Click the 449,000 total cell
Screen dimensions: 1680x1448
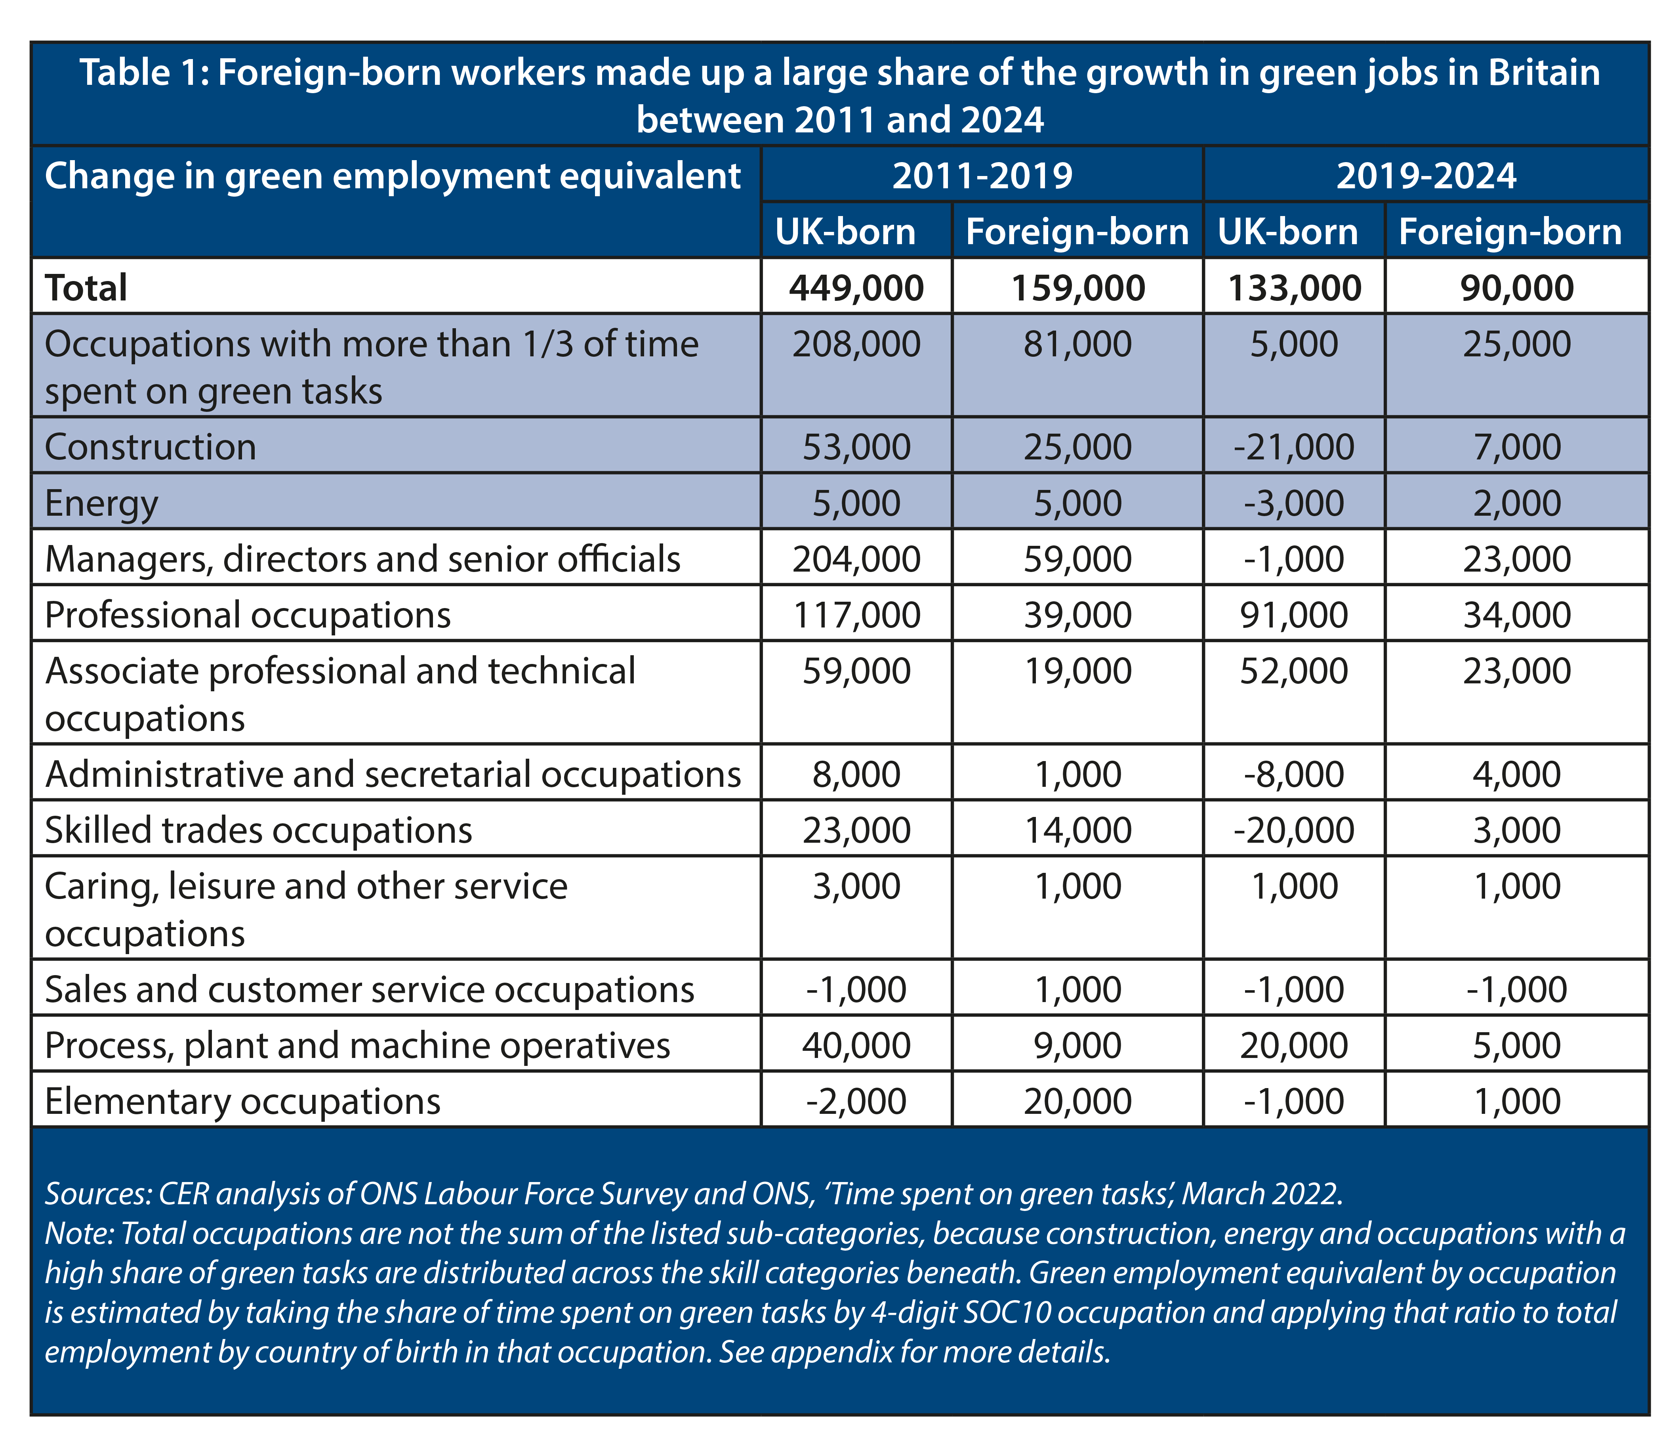[856, 288]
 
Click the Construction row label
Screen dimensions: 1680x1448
[151, 447]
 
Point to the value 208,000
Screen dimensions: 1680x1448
[856, 344]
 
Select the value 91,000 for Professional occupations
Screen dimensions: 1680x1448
[1294, 615]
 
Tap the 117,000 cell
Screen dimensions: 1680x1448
[856, 615]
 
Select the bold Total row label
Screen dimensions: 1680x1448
[86, 288]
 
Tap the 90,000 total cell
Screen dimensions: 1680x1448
[1517, 288]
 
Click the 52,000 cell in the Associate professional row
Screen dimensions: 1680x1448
[1294, 671]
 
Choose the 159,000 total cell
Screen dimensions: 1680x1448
[1077, 288]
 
